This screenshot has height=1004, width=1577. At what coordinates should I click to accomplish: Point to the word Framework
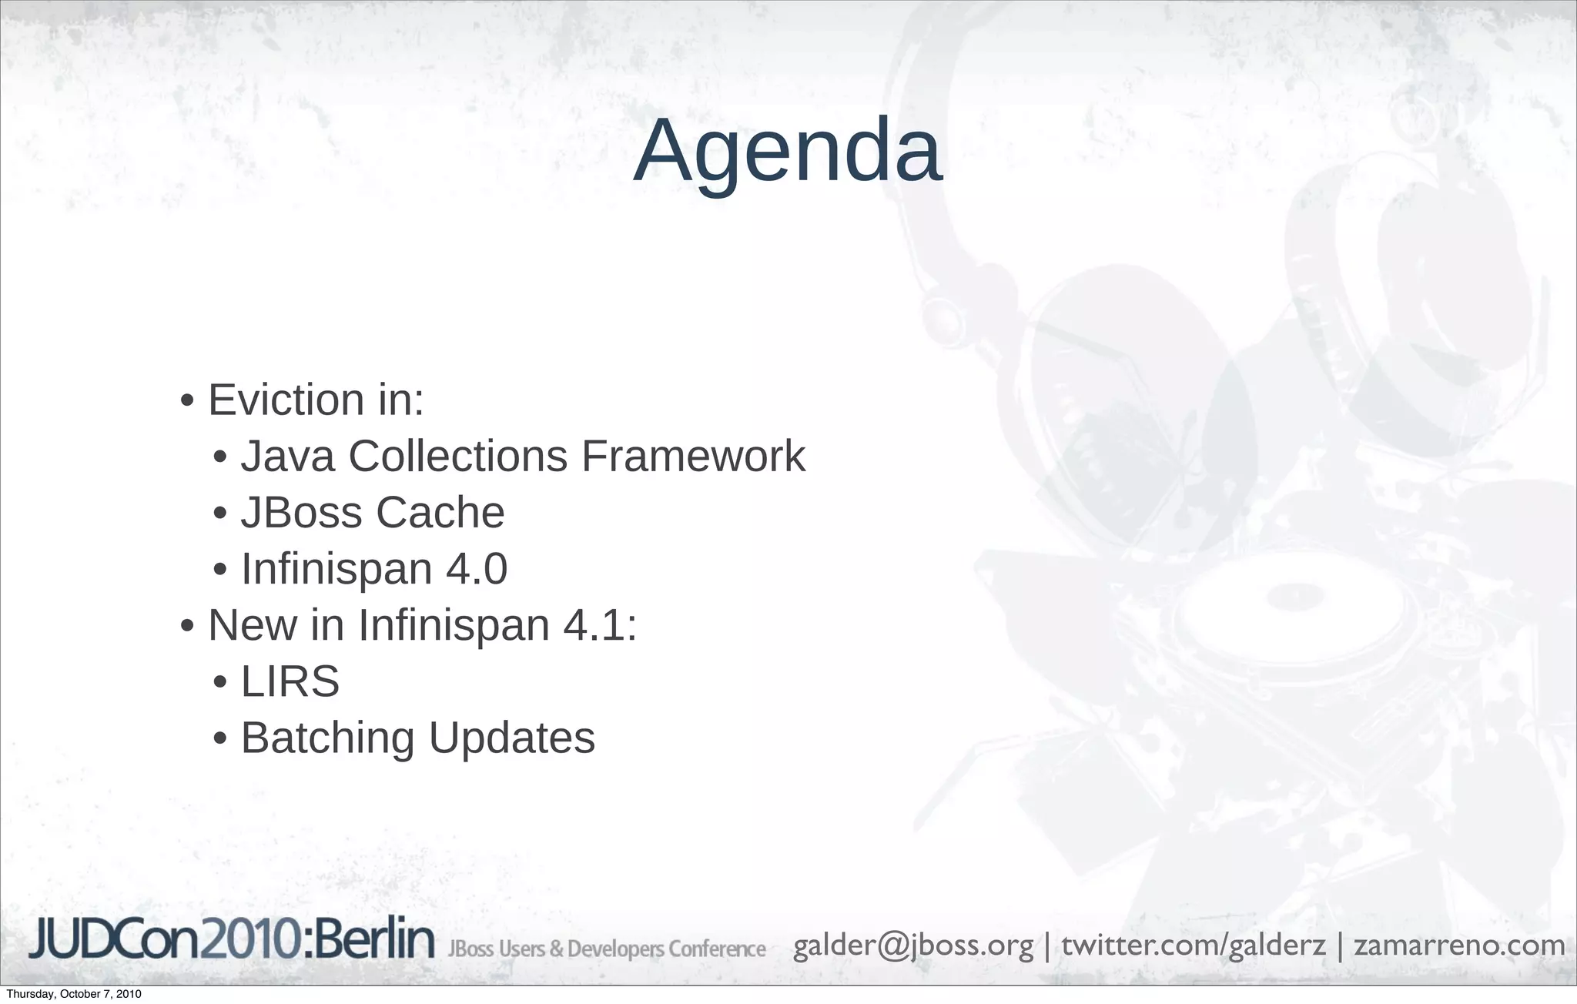coord(693,456)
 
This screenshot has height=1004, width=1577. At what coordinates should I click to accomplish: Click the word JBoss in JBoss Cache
coord(303,513)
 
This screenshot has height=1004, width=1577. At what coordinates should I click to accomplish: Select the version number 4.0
coord(477,569)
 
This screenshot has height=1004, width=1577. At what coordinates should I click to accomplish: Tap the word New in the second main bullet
coord(252,624)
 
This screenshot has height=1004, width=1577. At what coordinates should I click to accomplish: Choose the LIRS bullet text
coord(290,681)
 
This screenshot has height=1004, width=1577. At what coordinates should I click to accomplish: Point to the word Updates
coord(512,738)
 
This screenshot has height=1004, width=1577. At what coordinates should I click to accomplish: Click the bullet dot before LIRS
coord(220,683)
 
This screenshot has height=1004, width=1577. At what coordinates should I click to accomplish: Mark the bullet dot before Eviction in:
coord(187,402)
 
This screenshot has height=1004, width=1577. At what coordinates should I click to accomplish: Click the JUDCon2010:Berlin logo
coord(231,940)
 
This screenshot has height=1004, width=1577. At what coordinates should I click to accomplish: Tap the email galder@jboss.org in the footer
coord(912,945)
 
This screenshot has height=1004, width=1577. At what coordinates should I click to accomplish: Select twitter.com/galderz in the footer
coord(1194,945)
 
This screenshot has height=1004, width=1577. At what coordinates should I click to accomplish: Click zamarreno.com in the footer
coord(1459,945)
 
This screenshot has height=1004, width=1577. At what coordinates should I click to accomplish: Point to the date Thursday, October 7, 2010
coord(74,994)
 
